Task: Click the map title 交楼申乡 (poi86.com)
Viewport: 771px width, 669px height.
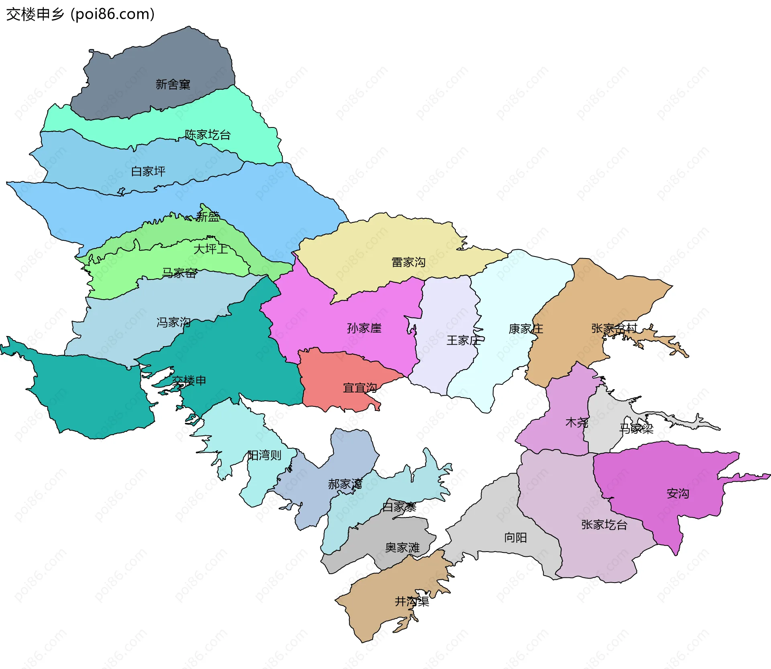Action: pyautogui.click(x=80, y=14)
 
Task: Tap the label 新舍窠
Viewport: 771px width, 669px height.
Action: pyautogui.click(x=173, y=84)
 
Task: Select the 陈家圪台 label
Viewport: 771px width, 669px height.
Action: pyautogui.click(x=208, y=135)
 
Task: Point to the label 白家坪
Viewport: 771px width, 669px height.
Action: pyautogui.click(x=148, y=172)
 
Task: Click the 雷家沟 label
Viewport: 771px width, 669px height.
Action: pyautogui.click(x=408, y=262)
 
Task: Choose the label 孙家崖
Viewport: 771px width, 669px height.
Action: pyautogui.click(x=364, y=328)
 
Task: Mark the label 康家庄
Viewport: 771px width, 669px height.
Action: pyautogui.click(x=526, y=329)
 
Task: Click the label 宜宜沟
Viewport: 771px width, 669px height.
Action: pyautogui.click(x=360, y=388)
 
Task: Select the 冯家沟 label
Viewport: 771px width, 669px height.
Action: pyautogui.click(x=173, y=322)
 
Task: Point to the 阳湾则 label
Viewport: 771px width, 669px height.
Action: pyautogui.click(x=264, y=455)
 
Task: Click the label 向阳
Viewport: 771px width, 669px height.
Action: pyautogui.click(x=515, y=538)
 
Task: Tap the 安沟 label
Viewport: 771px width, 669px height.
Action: pyautogui.click(x=678, y=493)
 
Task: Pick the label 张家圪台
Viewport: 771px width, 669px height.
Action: pyautogui.click(x=604, y=525)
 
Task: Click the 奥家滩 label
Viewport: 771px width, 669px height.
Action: pyautogui.click(x=402, y=548)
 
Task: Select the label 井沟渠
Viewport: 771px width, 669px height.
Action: pyautogui.click(x=412, y=601)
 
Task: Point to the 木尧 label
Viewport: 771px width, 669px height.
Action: pyautogui.click(x=577, y=423)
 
